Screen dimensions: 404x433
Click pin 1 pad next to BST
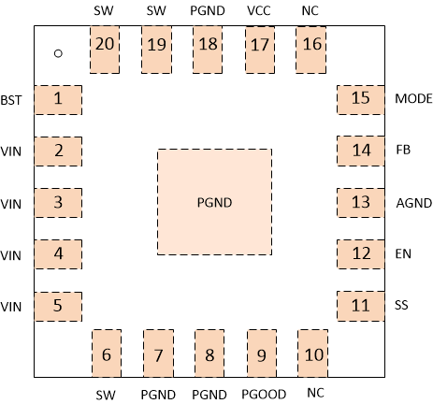pyautogui.click(x=57, y=99)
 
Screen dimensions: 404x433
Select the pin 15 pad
pyautogui.click(x=360, y=99)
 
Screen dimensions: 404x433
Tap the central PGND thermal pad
pyautogui.click(x=214, y=201)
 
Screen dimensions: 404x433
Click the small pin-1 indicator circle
pyautogui.click(x=58, y=53)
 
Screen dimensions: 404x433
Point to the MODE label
pyautogui.click(x=411, y=99)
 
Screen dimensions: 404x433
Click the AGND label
pyautogui.click(x=411, y=202)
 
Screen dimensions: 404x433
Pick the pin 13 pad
pyautogui.click(x=360, y=202)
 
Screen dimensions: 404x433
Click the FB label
pyautogui.click(x=403, y=150)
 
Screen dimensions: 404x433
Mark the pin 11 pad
pyautogui.click(x=360, y=305)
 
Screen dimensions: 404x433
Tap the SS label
pyautogui.click(x=401, y=305)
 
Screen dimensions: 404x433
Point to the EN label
pyautogui.click(x=403, y=253)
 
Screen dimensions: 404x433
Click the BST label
pyautogui.click(x=12, y=99)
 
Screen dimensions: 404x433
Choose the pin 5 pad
pyautogui.click(x=57, y=305)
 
